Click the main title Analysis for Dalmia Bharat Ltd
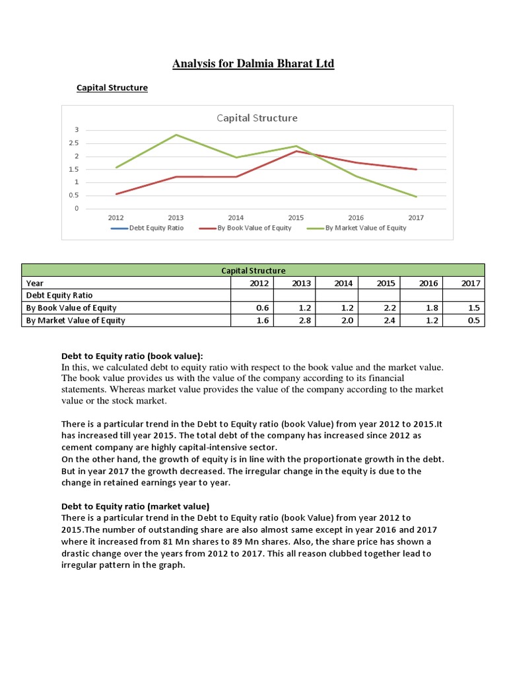[x=253, y=64]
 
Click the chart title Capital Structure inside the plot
[x=257, y=118]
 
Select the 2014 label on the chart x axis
[x=236, y=217]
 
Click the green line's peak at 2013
[x=176, y=135]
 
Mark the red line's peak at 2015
[x=296, y=151]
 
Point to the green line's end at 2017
[x=416, y=197]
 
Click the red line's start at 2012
[x=116, y=193]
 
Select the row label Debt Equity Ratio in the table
[x=59, y=295]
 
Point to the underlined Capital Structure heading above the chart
[x=112, y=88]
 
